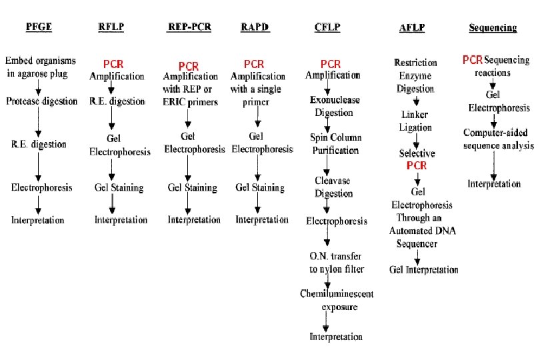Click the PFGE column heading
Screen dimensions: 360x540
click(x=38, y=28)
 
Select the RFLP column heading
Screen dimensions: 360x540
click(x=111, y=28)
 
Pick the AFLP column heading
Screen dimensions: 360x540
click(x=411, y=28)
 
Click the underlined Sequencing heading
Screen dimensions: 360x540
click(x=493, y=28)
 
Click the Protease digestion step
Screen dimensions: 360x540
click(x=39, y=101)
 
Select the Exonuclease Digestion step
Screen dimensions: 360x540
click(x=334, y=107)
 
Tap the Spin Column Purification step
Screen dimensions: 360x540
click(x=336, y=144)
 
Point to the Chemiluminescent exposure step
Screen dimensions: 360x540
click(x=336, y=300)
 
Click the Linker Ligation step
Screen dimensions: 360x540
click(x=415, y=121)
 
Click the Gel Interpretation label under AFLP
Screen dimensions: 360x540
click(x=424, y=270)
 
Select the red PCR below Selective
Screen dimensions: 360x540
click(x=417, y=165)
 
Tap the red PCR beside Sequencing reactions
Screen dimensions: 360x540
click(x=473, y=61)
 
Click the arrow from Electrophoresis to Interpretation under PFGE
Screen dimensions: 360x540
click(x=38, y=204)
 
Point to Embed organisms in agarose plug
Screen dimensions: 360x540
click(x=41, y=67)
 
